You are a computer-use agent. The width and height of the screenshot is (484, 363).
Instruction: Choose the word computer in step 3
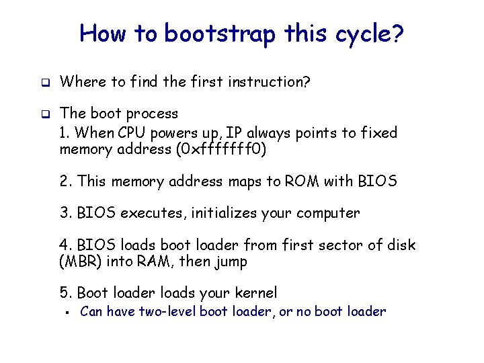pos(327,213)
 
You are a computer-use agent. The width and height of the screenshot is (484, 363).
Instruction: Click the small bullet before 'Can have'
pos(69,312)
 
